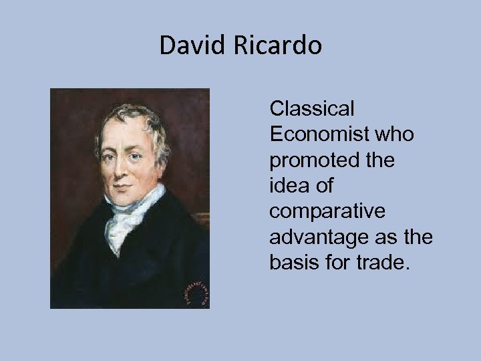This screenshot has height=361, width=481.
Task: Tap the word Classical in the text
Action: [311, 108]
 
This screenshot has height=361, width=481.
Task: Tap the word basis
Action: [290, 262]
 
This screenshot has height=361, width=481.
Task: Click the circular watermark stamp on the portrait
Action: [197, 291]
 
